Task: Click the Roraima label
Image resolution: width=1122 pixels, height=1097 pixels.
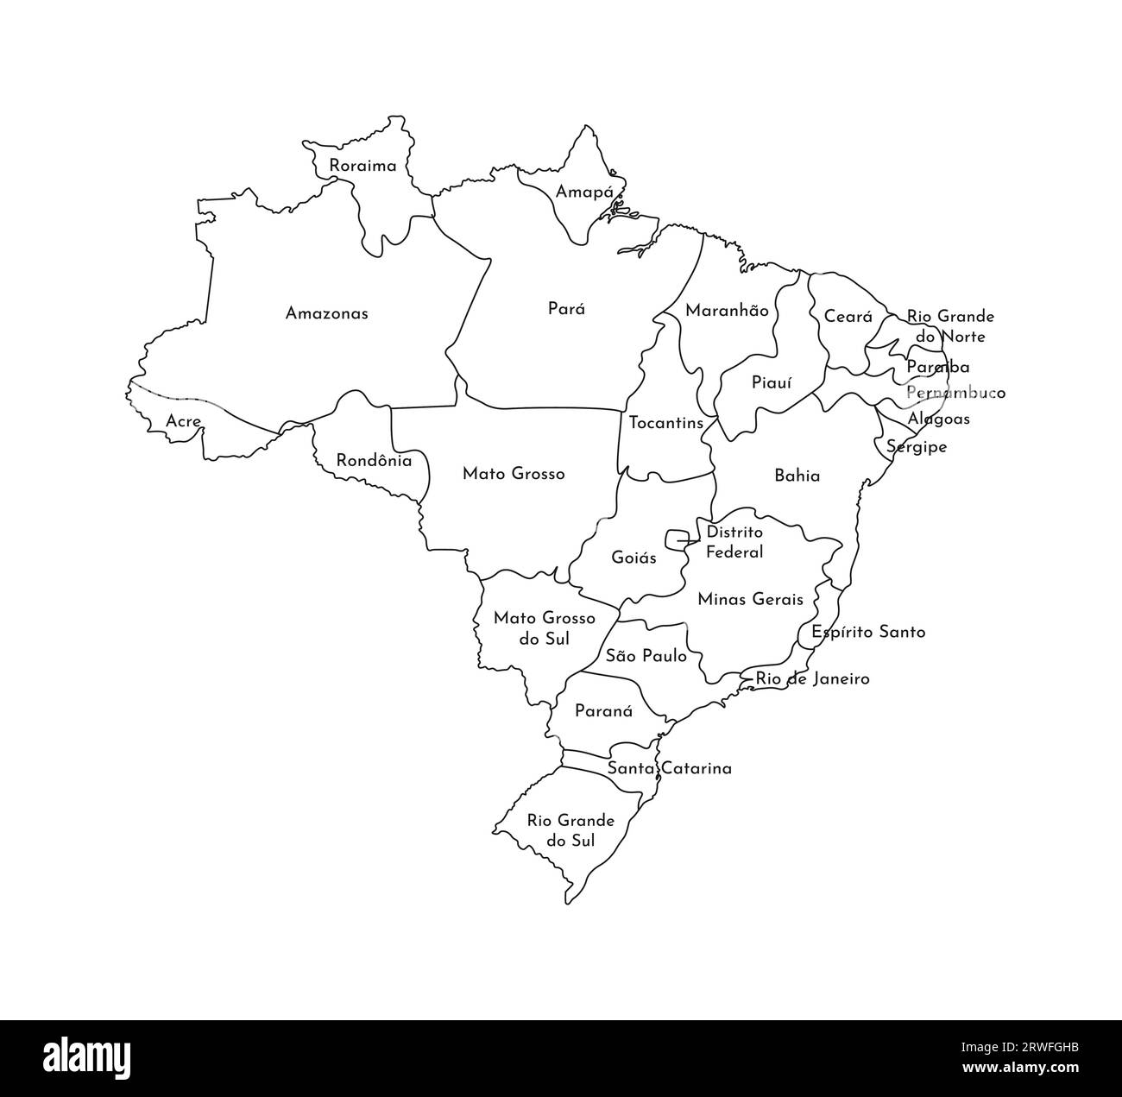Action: [x=362, y=166]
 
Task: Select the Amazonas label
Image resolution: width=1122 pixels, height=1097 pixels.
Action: [x=326, y=313]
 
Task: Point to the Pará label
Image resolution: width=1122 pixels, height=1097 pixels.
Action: [x=566, y=308]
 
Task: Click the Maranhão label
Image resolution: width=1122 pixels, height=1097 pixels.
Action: [x=727, y=311]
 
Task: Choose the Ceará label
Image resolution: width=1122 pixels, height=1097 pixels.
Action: [x=848, y=317]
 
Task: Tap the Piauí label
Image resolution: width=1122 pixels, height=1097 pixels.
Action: [x=771, y=382]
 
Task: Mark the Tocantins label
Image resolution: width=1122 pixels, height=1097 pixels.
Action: [x=665, y=423]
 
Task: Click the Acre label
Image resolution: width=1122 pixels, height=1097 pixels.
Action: [x=184, y=422]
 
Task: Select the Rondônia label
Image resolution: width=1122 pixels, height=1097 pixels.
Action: [x=374, y=461]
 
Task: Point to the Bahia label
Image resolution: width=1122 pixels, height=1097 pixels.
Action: [x=797, y=476]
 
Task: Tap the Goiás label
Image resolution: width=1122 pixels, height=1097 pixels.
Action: [x=633, y=558]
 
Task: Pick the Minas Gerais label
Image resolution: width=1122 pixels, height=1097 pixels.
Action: [x=750, y=599]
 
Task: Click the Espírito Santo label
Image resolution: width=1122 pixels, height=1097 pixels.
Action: [x=867, y=632]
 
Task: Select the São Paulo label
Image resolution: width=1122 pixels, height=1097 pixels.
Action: [x=646, y=656]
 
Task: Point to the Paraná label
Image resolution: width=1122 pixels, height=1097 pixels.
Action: [x=603, y=712]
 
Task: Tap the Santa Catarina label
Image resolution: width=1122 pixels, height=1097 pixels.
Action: [x=669, y=768]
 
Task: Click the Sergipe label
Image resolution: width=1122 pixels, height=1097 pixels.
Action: [x=917, y=447]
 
